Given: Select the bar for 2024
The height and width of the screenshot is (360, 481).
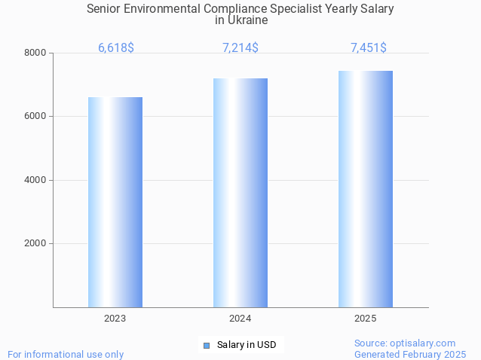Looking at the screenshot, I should (240, 193).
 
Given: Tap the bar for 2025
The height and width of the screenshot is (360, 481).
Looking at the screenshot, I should (366, 189).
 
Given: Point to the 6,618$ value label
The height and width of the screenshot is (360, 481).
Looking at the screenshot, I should (116, 47).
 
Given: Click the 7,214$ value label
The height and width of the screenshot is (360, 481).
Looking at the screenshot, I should (240, 47).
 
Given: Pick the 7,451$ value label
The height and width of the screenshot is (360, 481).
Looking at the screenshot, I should (369, 47).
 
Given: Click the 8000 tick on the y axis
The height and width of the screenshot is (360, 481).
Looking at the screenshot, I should (35, 53).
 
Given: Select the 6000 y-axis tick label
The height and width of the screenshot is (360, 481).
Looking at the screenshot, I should (35, 117).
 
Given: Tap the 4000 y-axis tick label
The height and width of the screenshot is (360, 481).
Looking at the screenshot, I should (35, 180).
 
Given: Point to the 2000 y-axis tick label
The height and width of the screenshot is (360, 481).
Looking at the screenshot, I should (35, 244).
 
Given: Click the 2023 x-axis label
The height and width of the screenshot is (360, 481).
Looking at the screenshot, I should (115, 319).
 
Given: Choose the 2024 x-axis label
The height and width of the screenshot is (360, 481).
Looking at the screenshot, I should (240, 319).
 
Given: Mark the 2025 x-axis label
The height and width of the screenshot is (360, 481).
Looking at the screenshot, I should (366, 319).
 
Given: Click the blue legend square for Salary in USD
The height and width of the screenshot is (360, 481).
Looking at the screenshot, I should (206, 346).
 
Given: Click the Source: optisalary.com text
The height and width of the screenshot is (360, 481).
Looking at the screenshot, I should (405, 343).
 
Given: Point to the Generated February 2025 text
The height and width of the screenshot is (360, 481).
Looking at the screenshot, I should (410, 354).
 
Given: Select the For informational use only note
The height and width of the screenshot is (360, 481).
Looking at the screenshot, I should (66, 354).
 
